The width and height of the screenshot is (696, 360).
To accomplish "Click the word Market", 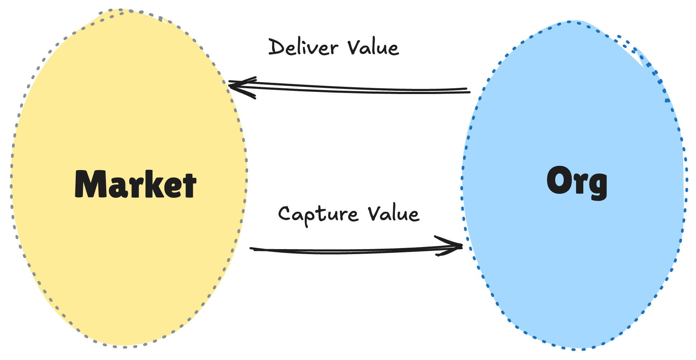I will [136, 184].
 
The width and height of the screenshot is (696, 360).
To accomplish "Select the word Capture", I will [318, 215].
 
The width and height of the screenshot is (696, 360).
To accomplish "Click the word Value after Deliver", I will [373, 47].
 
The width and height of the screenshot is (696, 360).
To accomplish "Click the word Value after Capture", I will [394, 214].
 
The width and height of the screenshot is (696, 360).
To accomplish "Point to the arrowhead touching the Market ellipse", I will [233, 85].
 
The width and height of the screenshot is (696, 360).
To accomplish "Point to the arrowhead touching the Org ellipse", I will [458, 246].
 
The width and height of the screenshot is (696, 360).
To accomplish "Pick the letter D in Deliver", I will [277, 47].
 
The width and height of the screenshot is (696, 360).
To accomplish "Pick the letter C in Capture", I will [286, 214].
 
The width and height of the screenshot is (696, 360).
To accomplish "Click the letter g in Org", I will [597, 185].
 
